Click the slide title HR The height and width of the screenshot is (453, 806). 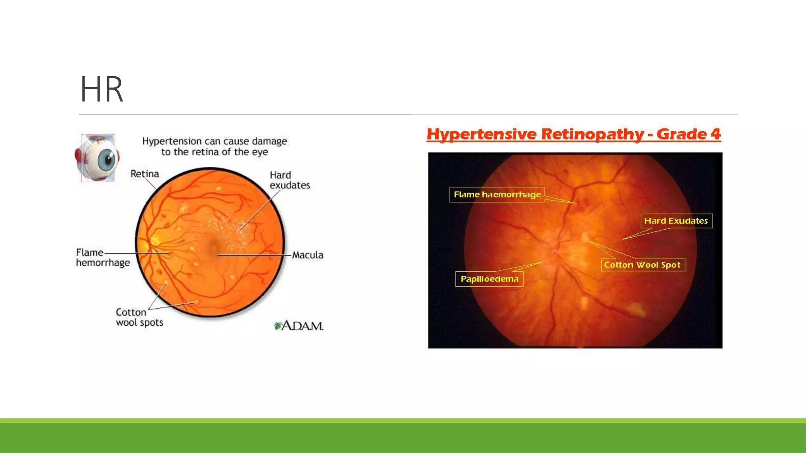(x=102, y=90)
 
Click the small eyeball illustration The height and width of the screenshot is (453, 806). (x=97, y=158)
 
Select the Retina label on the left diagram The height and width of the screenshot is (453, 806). (x=144, y=174)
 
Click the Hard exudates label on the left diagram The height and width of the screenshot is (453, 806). (x=289, y=180)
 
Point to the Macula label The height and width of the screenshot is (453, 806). (x=307, y=255)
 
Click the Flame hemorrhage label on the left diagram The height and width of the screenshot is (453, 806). (x=102, y=258)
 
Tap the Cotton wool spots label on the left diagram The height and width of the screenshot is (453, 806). (x=139, y=317)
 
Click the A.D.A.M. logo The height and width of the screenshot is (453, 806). (x=299, y=326)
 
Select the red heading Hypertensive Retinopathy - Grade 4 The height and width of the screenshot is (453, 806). (x=573, y=134)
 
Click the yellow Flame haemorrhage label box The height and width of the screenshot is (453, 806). (x=497, y=195)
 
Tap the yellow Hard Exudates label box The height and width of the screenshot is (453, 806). (x=676, y=221)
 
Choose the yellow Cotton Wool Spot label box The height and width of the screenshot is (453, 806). (x=643, y=265)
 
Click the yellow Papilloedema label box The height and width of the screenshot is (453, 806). (x=489, y=279)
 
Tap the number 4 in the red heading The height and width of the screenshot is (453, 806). (x=715, y=134)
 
